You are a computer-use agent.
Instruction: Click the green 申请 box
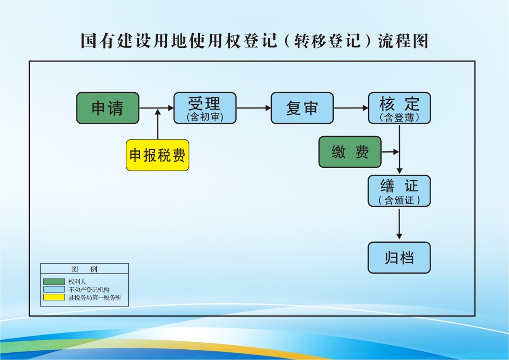click(107, 108)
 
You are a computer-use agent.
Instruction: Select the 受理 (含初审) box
click(205, 108)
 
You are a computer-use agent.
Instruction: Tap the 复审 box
click(302, 108)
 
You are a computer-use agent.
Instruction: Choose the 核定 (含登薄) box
click(399, 108)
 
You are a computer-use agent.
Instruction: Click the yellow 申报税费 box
click(157, 155)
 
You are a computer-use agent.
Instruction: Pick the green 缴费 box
click(350, 152)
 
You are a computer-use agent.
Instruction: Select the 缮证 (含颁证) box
click(399, 191)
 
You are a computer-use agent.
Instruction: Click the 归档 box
click(399, 258)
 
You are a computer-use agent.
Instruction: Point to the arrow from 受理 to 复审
click(253, 108)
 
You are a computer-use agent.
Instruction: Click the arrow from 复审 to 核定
click(351, 108)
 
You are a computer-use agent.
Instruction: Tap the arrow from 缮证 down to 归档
click(399, 224)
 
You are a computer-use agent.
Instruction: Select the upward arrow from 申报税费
click(158, 125)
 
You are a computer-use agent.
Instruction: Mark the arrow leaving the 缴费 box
click(390, 152)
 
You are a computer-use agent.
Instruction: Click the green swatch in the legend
click(53, 282)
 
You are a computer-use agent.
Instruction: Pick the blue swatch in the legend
click(53, 289)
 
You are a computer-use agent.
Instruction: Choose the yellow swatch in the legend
click(53, 297)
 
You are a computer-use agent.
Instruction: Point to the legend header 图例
click(84, 269)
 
